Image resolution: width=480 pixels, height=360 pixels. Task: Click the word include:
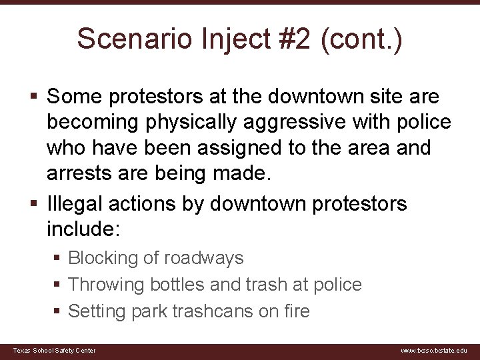83,229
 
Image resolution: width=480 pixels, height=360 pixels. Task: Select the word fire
297,311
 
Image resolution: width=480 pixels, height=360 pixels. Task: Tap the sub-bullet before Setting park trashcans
59,311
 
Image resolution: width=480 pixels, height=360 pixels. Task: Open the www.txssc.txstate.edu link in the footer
433,351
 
